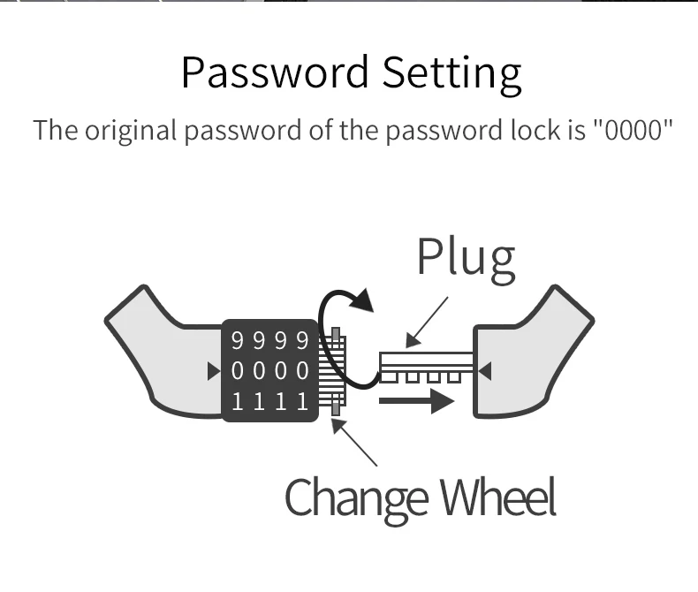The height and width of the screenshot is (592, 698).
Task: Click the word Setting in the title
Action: tap(451, 73)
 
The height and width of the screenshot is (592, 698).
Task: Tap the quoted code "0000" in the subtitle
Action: tap(631, 130)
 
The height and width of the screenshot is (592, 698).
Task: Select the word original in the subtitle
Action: tap(130, 130)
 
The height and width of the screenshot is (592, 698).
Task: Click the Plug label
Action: tap(466, 257)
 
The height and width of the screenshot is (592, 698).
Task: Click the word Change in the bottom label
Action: tap(357, 497)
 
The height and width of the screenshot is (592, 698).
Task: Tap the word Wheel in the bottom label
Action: tap(499, 497)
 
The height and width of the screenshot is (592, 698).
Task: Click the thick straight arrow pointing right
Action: tap(416, 402)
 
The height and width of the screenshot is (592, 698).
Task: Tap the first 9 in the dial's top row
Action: tap(237, 340)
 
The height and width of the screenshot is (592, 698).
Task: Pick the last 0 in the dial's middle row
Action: tap(303, 371)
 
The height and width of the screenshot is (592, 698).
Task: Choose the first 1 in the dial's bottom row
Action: tap(237, 402)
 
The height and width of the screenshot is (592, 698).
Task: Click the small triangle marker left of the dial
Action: tap(213, 371)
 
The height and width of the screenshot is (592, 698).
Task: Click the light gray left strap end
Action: tap(159, 353)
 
